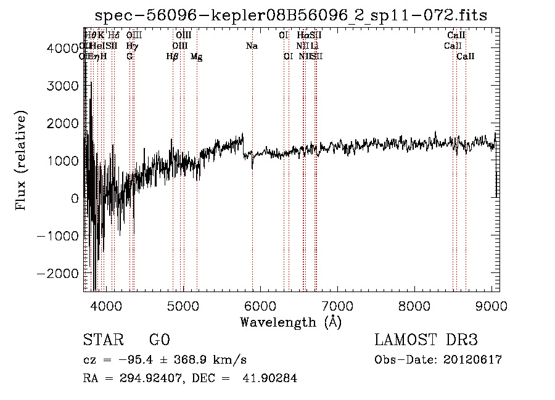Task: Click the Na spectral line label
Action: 252,46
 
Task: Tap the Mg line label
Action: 197,57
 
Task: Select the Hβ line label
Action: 173,57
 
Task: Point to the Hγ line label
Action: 131,46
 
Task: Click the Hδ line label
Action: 114,36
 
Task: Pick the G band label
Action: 129,57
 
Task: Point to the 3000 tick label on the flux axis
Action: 60,86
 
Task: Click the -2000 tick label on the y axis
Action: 57,273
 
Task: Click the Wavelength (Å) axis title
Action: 290,322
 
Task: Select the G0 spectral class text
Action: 159,340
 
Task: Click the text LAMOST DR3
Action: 426,340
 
